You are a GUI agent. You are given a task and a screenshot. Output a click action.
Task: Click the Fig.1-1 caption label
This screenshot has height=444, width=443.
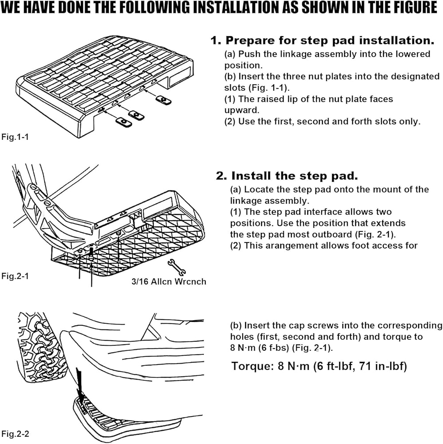click(x=15, y=137)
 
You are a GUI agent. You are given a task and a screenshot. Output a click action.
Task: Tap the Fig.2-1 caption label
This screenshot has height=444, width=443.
click(x=15, y=276)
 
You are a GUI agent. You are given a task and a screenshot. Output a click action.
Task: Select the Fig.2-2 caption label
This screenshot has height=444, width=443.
click(x=15, y=434)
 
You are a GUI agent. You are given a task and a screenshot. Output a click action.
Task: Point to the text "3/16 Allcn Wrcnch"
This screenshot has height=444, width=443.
click(x=169, y=281)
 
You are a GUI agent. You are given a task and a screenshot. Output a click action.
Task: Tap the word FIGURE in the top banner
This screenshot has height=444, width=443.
click(x=409, y=8)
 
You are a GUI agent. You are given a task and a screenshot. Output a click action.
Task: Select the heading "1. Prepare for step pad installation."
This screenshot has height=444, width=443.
click(x=322, y=40)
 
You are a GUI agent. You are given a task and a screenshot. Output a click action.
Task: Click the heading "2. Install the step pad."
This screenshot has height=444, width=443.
click(x=287, y=176)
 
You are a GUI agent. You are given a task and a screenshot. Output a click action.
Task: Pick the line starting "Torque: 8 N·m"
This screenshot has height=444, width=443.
click(x=319, y=366)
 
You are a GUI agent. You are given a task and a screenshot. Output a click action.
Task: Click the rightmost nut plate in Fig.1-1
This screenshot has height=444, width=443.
click(x=164, y=100)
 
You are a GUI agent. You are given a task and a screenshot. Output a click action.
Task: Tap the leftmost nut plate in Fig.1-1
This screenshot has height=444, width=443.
click(x=124, y=122)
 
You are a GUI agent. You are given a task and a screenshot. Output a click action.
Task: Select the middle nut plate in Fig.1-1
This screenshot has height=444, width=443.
click(x=136, y=115)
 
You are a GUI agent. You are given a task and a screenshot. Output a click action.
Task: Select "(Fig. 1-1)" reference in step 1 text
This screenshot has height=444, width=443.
click(x=269, y=88)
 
